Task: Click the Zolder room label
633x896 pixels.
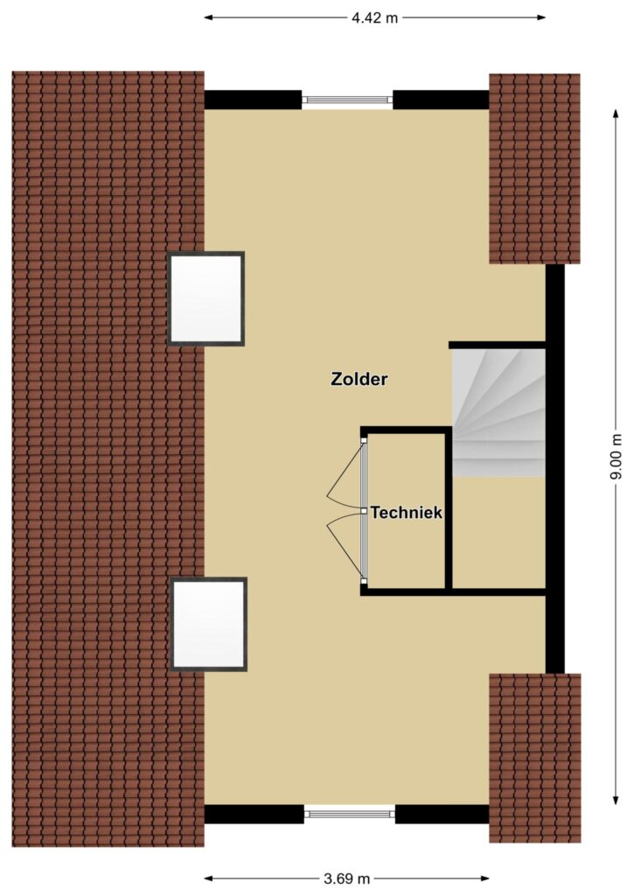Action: point(359,379)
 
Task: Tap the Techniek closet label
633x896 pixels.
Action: point(407,513)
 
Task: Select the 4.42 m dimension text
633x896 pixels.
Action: point(374,17)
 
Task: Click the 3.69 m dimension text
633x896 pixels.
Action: point(346,878)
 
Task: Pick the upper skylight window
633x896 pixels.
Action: point(206,298)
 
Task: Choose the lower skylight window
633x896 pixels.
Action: point(210,624)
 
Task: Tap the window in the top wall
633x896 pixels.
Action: point(348,100)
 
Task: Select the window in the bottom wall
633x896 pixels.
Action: point(350,813)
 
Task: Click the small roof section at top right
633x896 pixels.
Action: point(535,169)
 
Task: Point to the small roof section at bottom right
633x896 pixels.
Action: point(535,758)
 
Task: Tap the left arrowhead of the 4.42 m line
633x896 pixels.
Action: point(209,17)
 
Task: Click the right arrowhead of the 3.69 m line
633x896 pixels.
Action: point(484,878)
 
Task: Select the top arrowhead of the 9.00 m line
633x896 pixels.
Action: point(616,114)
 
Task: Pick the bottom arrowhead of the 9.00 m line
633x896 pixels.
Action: point(616,800)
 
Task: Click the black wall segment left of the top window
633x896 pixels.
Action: point(253,100)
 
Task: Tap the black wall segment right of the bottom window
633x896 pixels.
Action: point(442,815)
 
